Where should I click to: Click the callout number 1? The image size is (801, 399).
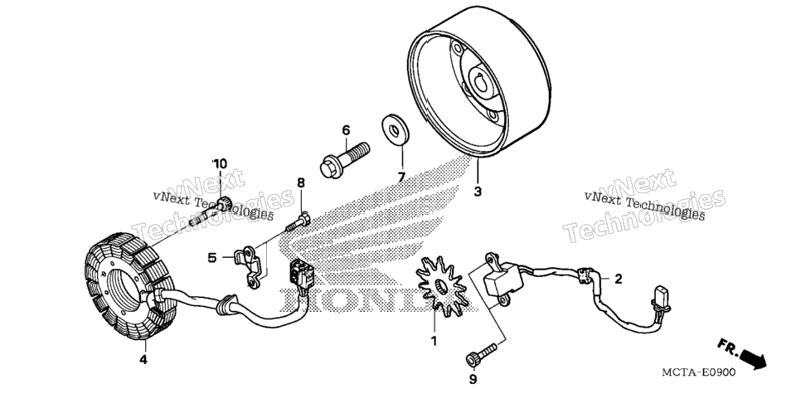(x=434, y=341)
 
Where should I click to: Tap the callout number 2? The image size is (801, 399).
(x=618, y=279)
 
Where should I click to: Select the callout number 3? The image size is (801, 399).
(x=477, y=192)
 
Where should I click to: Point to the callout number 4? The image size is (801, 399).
(x=143, y=360)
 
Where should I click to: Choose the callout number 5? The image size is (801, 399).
(x=212, y=258)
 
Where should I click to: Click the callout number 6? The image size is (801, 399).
(x=346, y=130)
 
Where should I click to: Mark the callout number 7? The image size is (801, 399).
(x=401, y=178)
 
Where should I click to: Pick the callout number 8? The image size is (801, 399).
(x=300, y=182)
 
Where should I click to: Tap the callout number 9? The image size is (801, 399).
(x=473, y=379)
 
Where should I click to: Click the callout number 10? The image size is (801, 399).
(x=221, y=164)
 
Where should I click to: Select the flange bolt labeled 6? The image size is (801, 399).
(x=344, y=160)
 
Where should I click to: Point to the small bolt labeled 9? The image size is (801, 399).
(x=481, y=354)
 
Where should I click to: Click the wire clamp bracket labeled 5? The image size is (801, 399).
(x=251, y=265)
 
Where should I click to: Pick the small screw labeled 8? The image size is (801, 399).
(x=299, y=222)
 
